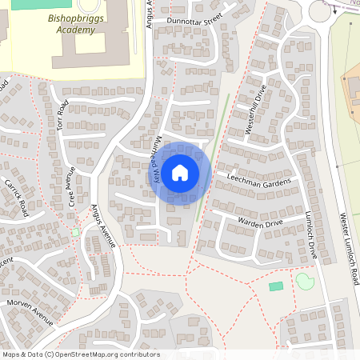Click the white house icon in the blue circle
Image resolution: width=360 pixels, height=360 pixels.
click(180, 172)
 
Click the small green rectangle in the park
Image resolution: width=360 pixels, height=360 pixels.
click(276, 286)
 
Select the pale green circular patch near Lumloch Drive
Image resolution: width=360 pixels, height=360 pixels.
click(305, 281)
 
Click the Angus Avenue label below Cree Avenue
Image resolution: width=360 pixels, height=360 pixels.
click(104, 225)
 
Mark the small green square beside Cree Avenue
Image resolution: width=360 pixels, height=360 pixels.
click(75, 232)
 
